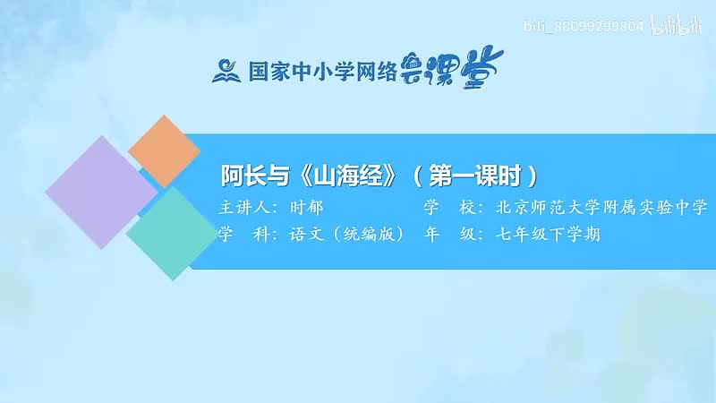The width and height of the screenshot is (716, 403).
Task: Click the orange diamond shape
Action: click(x=164, y=150)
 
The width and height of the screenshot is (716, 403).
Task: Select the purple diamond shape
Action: click(x=100, y=193)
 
